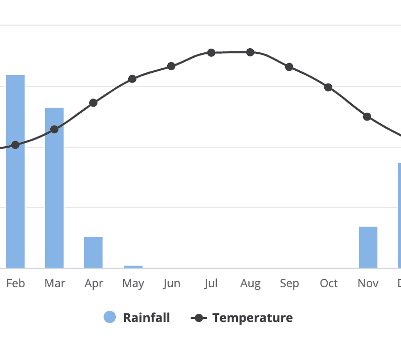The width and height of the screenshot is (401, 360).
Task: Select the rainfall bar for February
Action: pyautogui.click(x=15, y=171)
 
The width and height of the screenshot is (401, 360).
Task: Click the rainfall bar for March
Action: pyautogui.click(x=54, y=188)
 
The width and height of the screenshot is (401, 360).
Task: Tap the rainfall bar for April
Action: pyautogui.click(x=93, y=252)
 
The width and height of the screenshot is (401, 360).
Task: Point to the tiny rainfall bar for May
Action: pyautogui.click(x=133, y=267)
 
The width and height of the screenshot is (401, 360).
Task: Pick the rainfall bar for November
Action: pyautogui.click(x=368, y=247)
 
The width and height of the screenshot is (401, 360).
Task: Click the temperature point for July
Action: pyautogui.click(x=211, y=52)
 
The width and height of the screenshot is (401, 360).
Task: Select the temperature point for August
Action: pyautogui.click(x=250, y=52)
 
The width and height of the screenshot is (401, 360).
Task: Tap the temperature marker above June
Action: pyautogui.click(x=171, y=66)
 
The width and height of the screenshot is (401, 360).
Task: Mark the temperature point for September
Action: pyautogui.click(x=289, y=67)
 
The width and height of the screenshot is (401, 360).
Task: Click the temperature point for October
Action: pyautogui.click(x=328, y=87)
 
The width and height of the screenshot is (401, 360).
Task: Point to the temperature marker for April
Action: pyautogui.click(x=93, y=103)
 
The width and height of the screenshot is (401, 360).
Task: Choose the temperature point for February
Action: pyautogui.click(x=15, y=145)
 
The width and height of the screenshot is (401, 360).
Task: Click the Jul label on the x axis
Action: pyautogui.click(x=211, y=284)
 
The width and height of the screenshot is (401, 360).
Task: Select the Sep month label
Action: pyautogui.click(x=289, y=284)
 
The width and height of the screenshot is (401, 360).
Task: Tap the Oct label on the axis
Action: pyautogui.click(x=328, y=284)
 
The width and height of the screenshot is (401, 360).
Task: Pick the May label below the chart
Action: pyautogui.click(x=133, y=284)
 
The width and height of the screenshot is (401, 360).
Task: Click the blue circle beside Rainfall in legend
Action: pyautogui.click(x=110, y=317)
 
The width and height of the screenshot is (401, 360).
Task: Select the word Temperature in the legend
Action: pyautogui.click(x=252, y=318)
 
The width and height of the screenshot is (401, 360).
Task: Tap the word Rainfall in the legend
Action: pyautogui.click(x=146, y=318)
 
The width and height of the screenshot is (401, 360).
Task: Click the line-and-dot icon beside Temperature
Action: pyautogui.click(x=198, y=318)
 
